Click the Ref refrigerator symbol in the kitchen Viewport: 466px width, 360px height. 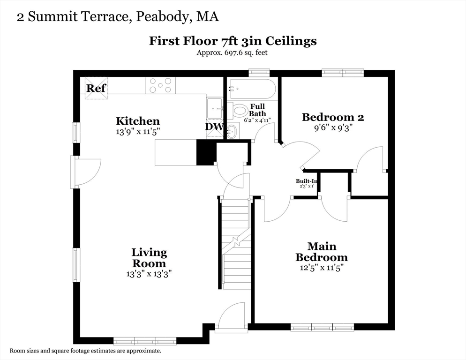[x=96, y=88]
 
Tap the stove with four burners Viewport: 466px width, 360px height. [x=160, y=85]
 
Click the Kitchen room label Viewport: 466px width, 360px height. [x=138, y=121]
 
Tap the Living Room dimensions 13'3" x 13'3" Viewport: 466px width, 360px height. [x=149, y=274]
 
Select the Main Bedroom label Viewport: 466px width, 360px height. [x=321, y=252]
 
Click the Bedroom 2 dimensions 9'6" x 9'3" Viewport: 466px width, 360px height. [x=333, y=127]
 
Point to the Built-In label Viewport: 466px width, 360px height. [x=307, y=181]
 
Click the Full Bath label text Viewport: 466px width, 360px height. [x=257, y=110]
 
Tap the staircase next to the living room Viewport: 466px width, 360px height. [x=236, y=244]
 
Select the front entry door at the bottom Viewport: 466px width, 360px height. [x=231, y=319]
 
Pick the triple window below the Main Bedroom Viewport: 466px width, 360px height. [x=322, y=327]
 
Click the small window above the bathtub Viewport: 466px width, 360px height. [x=259, y=72]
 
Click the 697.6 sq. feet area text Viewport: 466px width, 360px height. [x=232, y=52]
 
